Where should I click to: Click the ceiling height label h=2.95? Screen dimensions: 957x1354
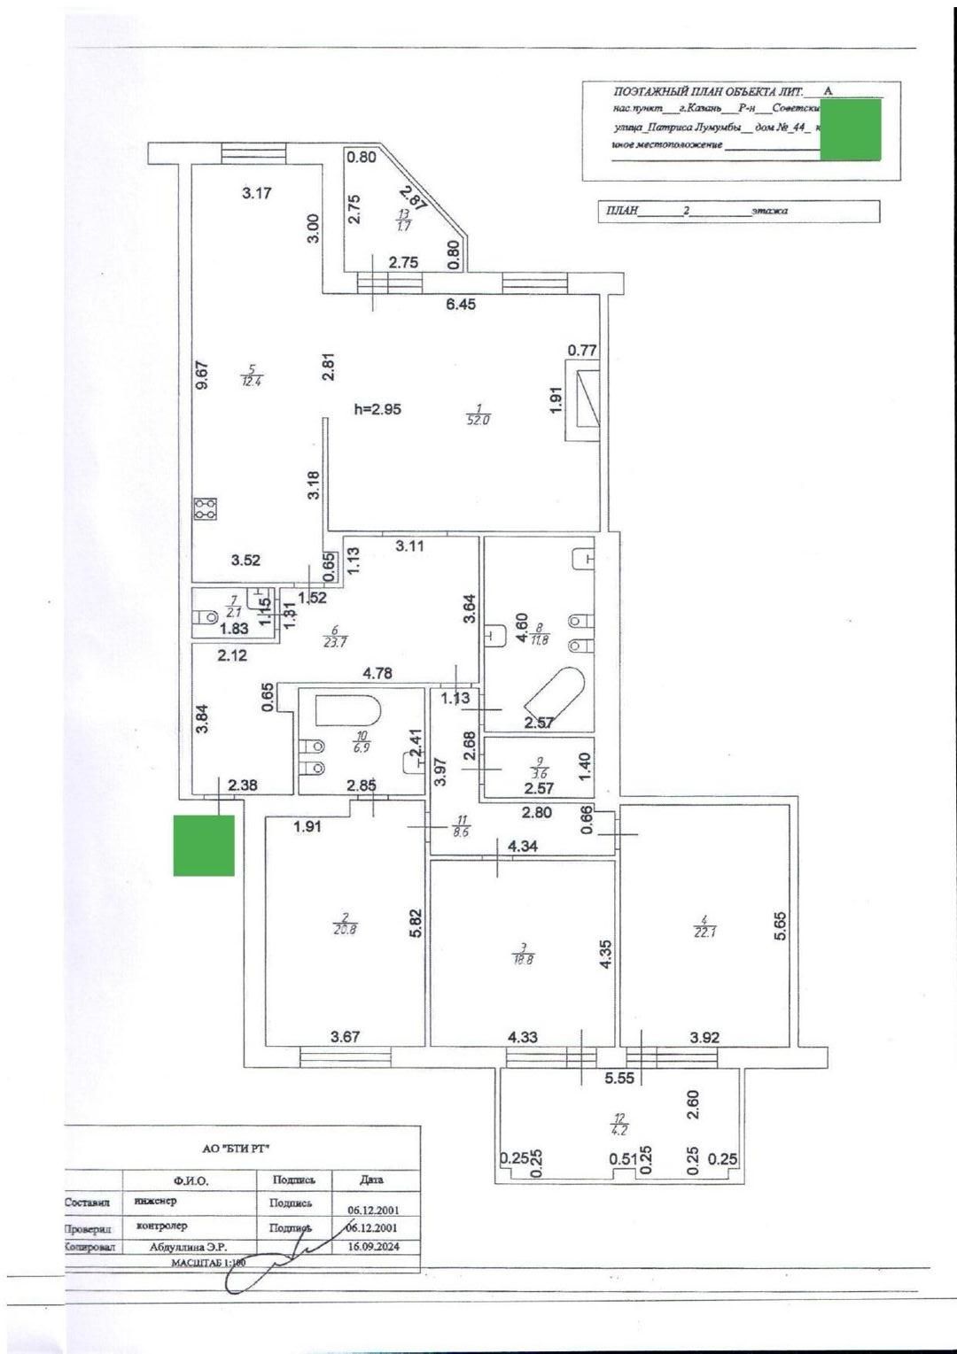(x=377, y=409)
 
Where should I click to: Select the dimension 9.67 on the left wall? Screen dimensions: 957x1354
(x=202, y=375)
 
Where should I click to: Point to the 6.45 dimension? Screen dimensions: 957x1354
(x=461, y=305)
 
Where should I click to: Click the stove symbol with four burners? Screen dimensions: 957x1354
(x=206, y=508)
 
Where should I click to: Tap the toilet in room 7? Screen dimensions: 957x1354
(x=206, y=615)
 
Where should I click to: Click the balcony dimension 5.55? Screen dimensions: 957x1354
(x=619, y=1079)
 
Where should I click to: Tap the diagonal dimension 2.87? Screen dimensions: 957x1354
(x=412, y=197)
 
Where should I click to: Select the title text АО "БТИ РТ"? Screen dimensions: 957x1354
(x=237, y=1149)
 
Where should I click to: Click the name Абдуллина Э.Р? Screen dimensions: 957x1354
(x=189, y=1247)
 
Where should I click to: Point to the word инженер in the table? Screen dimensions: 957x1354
(x=156, y=1202)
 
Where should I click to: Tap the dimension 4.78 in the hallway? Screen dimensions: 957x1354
(x=377, y=673)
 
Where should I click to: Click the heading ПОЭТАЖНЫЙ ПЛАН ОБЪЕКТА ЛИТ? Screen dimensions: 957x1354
(x=707, y=92)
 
